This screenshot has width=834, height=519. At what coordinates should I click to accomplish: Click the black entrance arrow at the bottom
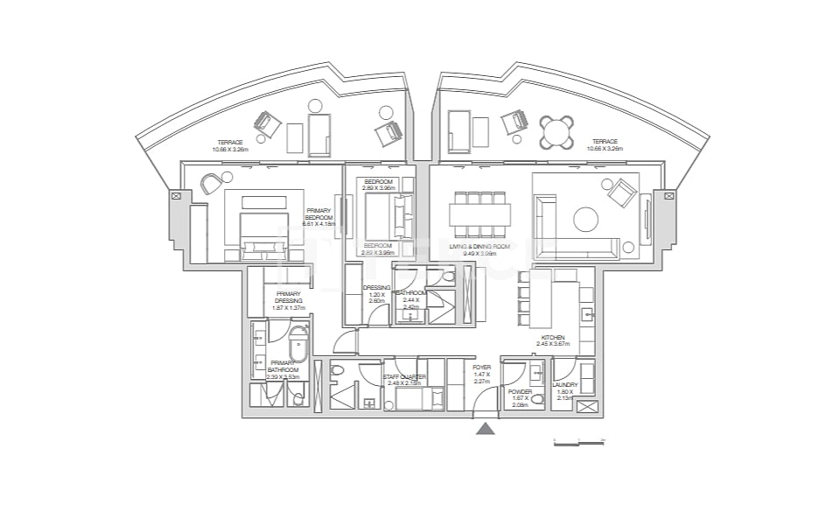[485, 428]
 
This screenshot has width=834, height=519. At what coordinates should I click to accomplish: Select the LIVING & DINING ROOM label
[479, 247]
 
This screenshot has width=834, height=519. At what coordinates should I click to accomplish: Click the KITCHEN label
[552, 337]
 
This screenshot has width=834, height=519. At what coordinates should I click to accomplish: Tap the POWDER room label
[520, 392]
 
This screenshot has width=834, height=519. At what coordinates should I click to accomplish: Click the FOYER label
[480, 368]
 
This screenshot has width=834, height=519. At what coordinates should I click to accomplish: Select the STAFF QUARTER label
[404, 377]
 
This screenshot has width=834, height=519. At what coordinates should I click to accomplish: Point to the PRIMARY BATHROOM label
[282, 366]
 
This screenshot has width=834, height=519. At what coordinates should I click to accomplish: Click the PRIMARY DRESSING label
[288, 297]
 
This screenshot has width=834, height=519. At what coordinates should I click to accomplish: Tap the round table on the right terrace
[557, 132]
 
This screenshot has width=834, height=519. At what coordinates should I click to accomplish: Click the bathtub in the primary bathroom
[298, 344]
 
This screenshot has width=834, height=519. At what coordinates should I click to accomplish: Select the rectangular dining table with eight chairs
[480, 215]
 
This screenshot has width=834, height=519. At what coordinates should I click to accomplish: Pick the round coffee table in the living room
[586, 218]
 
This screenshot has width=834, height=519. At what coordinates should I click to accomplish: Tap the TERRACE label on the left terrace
[229, 143]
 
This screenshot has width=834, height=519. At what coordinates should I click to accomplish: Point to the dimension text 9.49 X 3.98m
[479, 254]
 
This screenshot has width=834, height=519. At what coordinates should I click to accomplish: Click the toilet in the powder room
[536, 400]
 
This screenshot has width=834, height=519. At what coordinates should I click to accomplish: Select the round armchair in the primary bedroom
[212, 184]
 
